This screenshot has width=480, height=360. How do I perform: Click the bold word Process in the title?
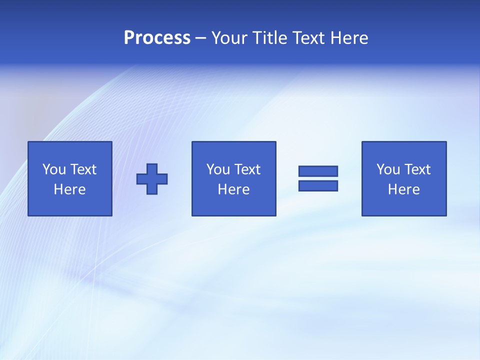pos(157,38)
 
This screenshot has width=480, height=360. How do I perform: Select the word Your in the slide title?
pos(230,38)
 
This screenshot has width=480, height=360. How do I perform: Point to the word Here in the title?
pos(349,38)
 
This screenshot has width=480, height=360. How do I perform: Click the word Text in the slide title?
pos(309,38)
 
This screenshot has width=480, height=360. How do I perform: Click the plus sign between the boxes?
pos(152,179)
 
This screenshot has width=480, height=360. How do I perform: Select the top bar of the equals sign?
pos(318,171)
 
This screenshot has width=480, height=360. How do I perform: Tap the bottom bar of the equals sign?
pos(318,185)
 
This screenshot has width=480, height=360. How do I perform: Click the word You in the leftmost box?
pos(54,169)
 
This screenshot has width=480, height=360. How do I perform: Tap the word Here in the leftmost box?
pos(69,189)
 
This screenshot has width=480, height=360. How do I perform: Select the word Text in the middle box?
pos(247,169)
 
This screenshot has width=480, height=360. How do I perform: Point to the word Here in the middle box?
pos(233,189)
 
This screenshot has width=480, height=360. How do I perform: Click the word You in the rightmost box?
pos(388,169)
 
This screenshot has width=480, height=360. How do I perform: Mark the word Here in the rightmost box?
pos(403,189)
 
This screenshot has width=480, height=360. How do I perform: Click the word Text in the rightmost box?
pos(417,169)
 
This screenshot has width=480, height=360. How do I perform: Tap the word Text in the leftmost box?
pos(83,169)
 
